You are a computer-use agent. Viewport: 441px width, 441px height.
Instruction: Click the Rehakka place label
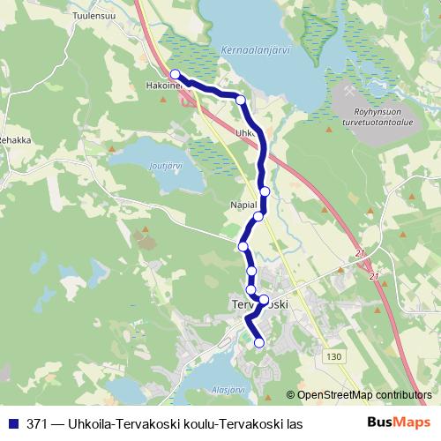(14, 139)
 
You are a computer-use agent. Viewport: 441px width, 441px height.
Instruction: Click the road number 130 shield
(333, 356)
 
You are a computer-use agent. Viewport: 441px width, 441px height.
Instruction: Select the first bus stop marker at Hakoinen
(175, 74)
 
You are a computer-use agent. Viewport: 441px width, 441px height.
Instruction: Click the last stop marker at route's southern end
(259, 342)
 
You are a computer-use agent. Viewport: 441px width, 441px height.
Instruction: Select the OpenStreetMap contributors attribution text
(364, 396)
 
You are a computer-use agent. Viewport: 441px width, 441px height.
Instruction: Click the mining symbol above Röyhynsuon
(351, 91)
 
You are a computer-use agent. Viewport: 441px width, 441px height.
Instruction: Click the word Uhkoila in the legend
(100, 424)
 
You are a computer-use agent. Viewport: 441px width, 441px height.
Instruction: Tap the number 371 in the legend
(36, 424)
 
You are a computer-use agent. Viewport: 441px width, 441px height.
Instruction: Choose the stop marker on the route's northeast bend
(241, 100)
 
